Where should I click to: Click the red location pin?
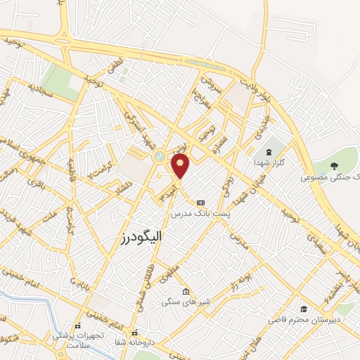click(181, 166)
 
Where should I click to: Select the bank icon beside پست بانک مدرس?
click(201, 201)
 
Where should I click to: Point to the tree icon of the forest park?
click(335, 167)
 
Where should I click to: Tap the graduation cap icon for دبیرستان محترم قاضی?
click(304, 309)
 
